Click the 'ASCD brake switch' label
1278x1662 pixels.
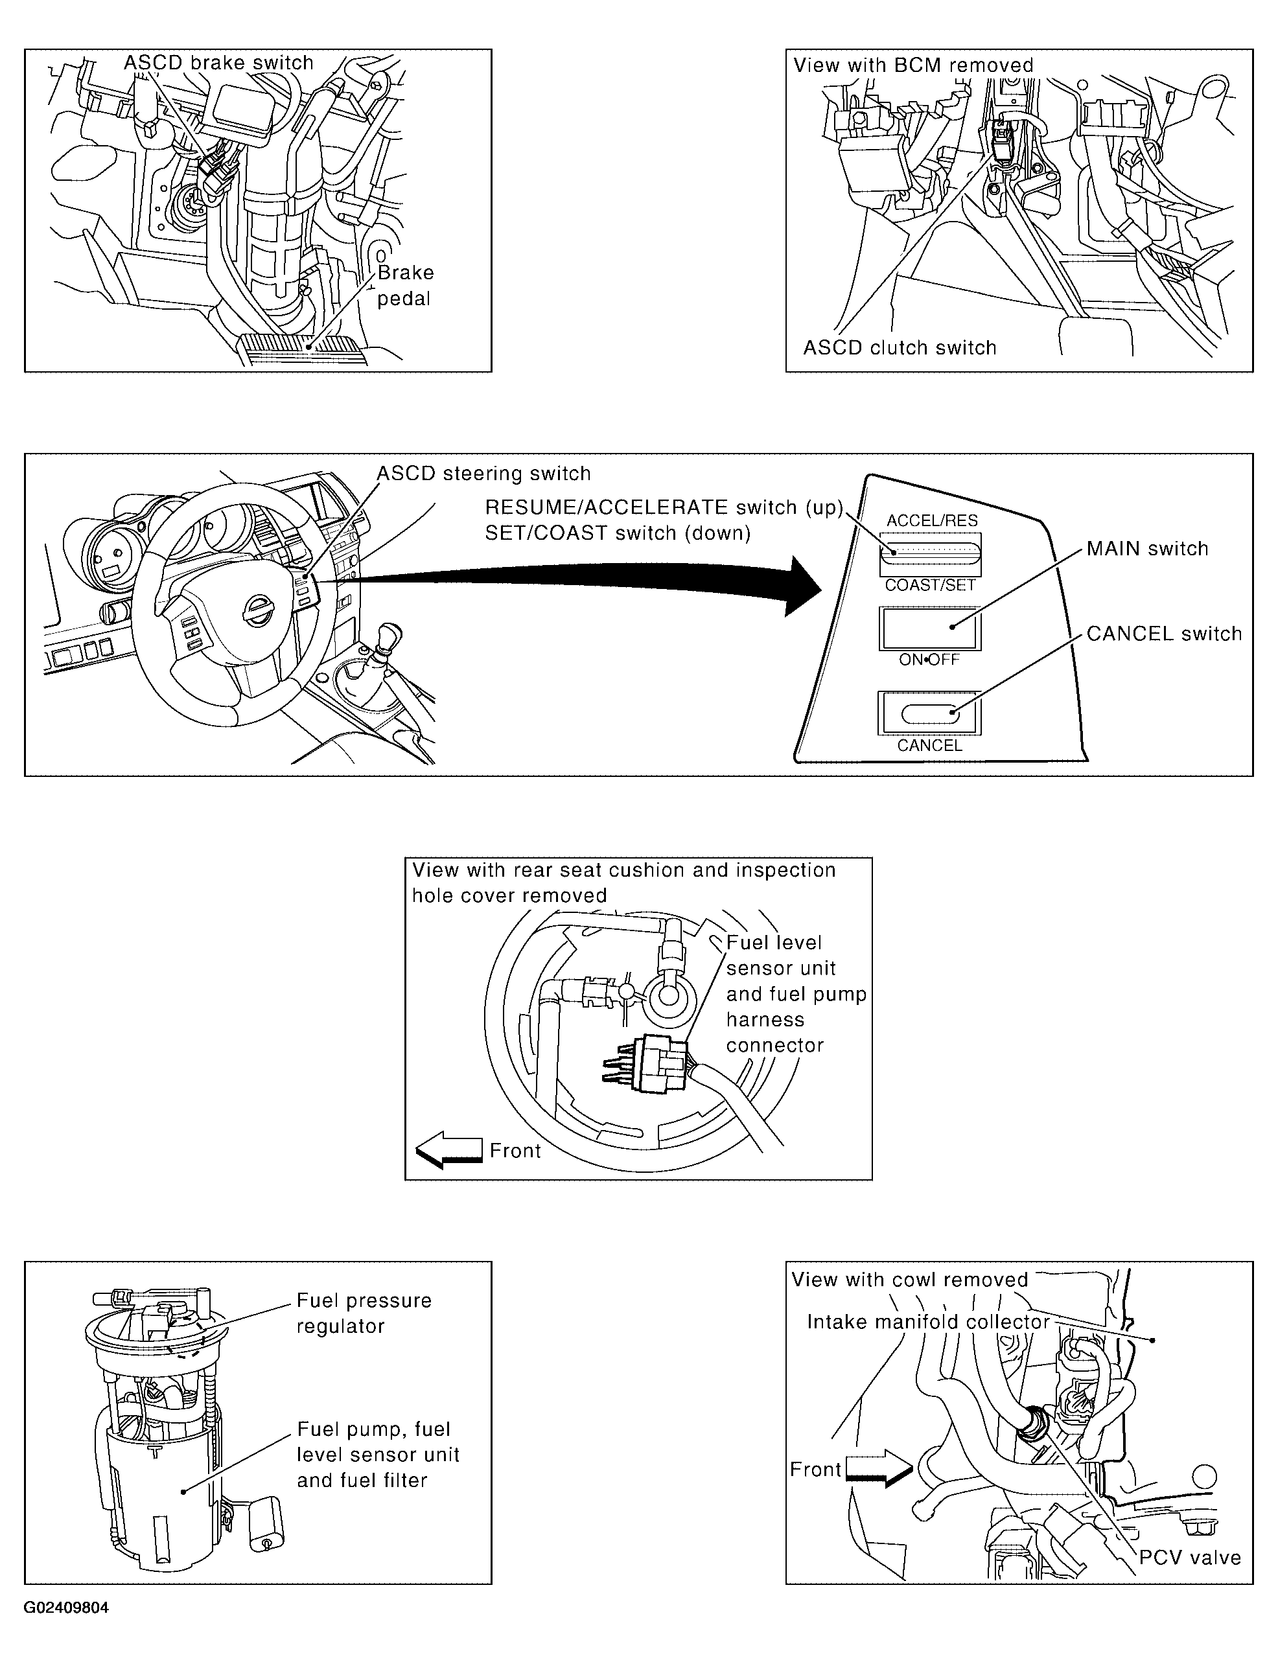[x=219, y=62]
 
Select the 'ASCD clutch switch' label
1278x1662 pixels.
[x=900, y=347]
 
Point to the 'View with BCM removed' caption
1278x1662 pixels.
[x=914, y=65]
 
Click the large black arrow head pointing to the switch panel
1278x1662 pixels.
[x=804, y=585]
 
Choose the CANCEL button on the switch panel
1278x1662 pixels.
[x=929, y=713]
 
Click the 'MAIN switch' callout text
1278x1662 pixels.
[x=1147, y=548]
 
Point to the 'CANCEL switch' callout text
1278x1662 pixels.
[x=1164, y=634]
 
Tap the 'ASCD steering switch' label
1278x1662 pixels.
[x=484, y=473]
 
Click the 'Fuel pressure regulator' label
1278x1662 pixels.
[x=364, y=1313]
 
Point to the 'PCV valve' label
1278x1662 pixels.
[x=1190, y=1558]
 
